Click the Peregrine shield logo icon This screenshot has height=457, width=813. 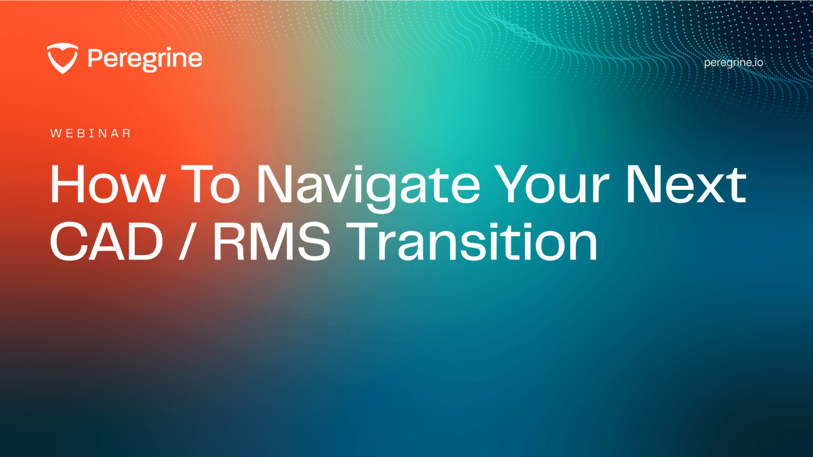point(63,58)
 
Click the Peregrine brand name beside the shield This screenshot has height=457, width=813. point(145,59)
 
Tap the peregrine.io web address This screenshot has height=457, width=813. point(733,63)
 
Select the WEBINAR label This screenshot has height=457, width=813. point(91,134)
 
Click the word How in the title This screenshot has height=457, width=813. point(108,184)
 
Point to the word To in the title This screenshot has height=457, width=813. point(210,184)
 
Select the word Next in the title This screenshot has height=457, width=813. point(686,184)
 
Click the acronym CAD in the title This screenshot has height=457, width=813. point(107,242)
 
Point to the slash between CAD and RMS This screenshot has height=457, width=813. point(186,242)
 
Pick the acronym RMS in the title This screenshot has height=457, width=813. point(271,242)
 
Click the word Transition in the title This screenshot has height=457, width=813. point(472,242)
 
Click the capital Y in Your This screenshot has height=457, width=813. point(513,184)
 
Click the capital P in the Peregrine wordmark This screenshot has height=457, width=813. point(96,58)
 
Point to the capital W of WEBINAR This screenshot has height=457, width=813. point(56,134)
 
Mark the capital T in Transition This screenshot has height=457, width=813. point(363,242)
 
